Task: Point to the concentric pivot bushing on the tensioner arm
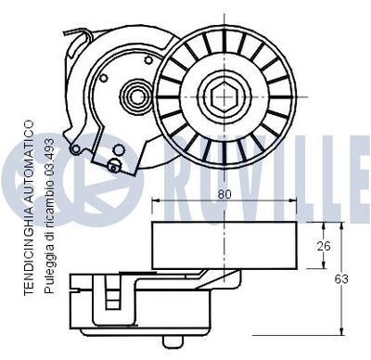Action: pos(134,95)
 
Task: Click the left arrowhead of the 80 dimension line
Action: pos(154,203)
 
